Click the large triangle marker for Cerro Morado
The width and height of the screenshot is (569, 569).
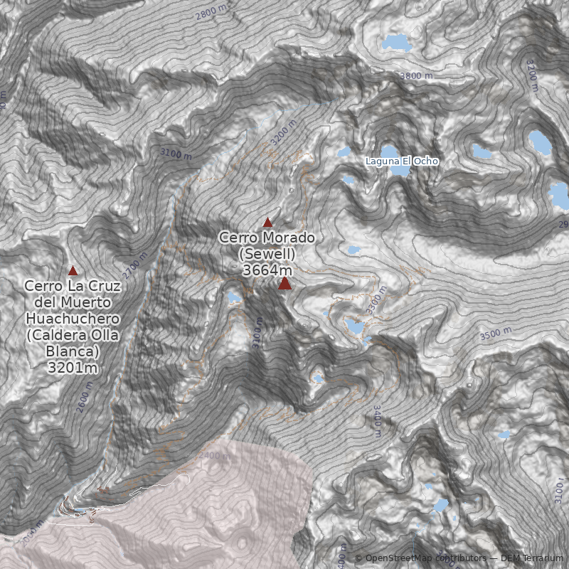(x=284, y=284)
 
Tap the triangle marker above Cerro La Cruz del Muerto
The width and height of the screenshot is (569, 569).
(x=73, y=271)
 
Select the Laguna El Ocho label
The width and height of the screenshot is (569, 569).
(x=402, y=161)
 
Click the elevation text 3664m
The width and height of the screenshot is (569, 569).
(x=267, y=270)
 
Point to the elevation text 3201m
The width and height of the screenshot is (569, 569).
(x=72, y=368)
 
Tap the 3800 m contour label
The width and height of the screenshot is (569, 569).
(x=415, y=75)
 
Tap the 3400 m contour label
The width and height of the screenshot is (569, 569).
(x=377, y=418)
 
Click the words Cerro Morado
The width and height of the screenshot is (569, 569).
(x=267, y=237)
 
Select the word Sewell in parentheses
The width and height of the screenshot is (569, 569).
(x=267, y=254)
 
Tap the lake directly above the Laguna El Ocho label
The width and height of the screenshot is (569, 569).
(x=390, y=151)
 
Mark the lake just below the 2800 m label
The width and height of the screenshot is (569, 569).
(x=396, y=43)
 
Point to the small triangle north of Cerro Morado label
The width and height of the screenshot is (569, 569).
(x=267, y=223)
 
